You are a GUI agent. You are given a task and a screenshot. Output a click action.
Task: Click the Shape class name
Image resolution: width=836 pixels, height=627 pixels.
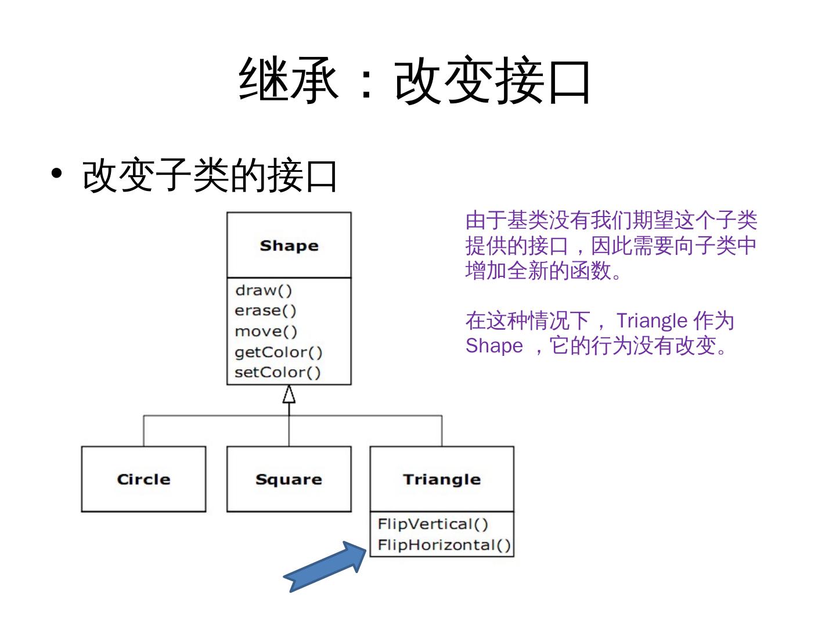pyautogui.click(x=289, y=246)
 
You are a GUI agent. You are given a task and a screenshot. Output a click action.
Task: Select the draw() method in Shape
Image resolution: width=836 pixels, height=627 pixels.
pyautogui.click(x=264, y=290)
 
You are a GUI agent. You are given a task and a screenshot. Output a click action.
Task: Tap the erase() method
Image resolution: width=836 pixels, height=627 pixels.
pyautogui.click(x=265, y=311)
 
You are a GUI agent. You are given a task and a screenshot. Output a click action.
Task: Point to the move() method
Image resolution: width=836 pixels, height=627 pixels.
pyautogui.click(x=266, y=331)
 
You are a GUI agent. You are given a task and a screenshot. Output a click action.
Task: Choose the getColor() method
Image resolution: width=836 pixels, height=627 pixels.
pyautogui.click(x=278, y=352)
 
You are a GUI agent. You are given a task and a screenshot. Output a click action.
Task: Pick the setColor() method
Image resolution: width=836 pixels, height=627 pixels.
pyautogui.click(x=278, y=372)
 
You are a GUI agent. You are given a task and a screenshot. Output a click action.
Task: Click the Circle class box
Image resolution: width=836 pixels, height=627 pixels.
pyautogui.click(x=143, y=479)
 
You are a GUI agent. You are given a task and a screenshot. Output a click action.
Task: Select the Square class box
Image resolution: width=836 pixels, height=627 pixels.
pyautogui.click(x=289, y=479)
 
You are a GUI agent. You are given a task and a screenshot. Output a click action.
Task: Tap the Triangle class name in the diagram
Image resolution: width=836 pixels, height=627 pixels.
pyautogui.click(x=442, y=479)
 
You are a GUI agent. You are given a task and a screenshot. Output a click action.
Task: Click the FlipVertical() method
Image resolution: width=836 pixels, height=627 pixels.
pyautogui.click(x=433, y=524)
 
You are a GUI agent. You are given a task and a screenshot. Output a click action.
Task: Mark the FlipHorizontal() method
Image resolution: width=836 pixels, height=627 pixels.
pyautogui.click(x=444, y=545)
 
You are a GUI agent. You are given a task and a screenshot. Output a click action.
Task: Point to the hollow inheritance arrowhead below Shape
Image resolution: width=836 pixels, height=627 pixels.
pyautogui.click(x=289, y=394)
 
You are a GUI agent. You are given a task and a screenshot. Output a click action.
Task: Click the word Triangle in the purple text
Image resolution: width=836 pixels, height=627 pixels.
pyautogui.click(x=651, y=320)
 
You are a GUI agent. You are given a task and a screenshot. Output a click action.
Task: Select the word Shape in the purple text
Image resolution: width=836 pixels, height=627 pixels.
pyautogui.click(x=494, y=345)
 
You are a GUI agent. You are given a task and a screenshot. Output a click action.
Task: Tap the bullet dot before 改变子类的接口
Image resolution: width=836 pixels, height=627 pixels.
pyautogui.click(x=56, y=174)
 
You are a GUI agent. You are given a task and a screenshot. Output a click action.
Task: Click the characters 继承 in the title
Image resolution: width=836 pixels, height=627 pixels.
pyautogui.click(x=289, y=80)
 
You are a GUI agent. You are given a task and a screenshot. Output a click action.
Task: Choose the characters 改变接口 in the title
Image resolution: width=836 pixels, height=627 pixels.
pyautogui.click(x=492, y=80)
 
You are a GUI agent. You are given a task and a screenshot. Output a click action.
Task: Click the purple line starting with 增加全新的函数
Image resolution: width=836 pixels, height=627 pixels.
pyautogui.click(x=544, y=271)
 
